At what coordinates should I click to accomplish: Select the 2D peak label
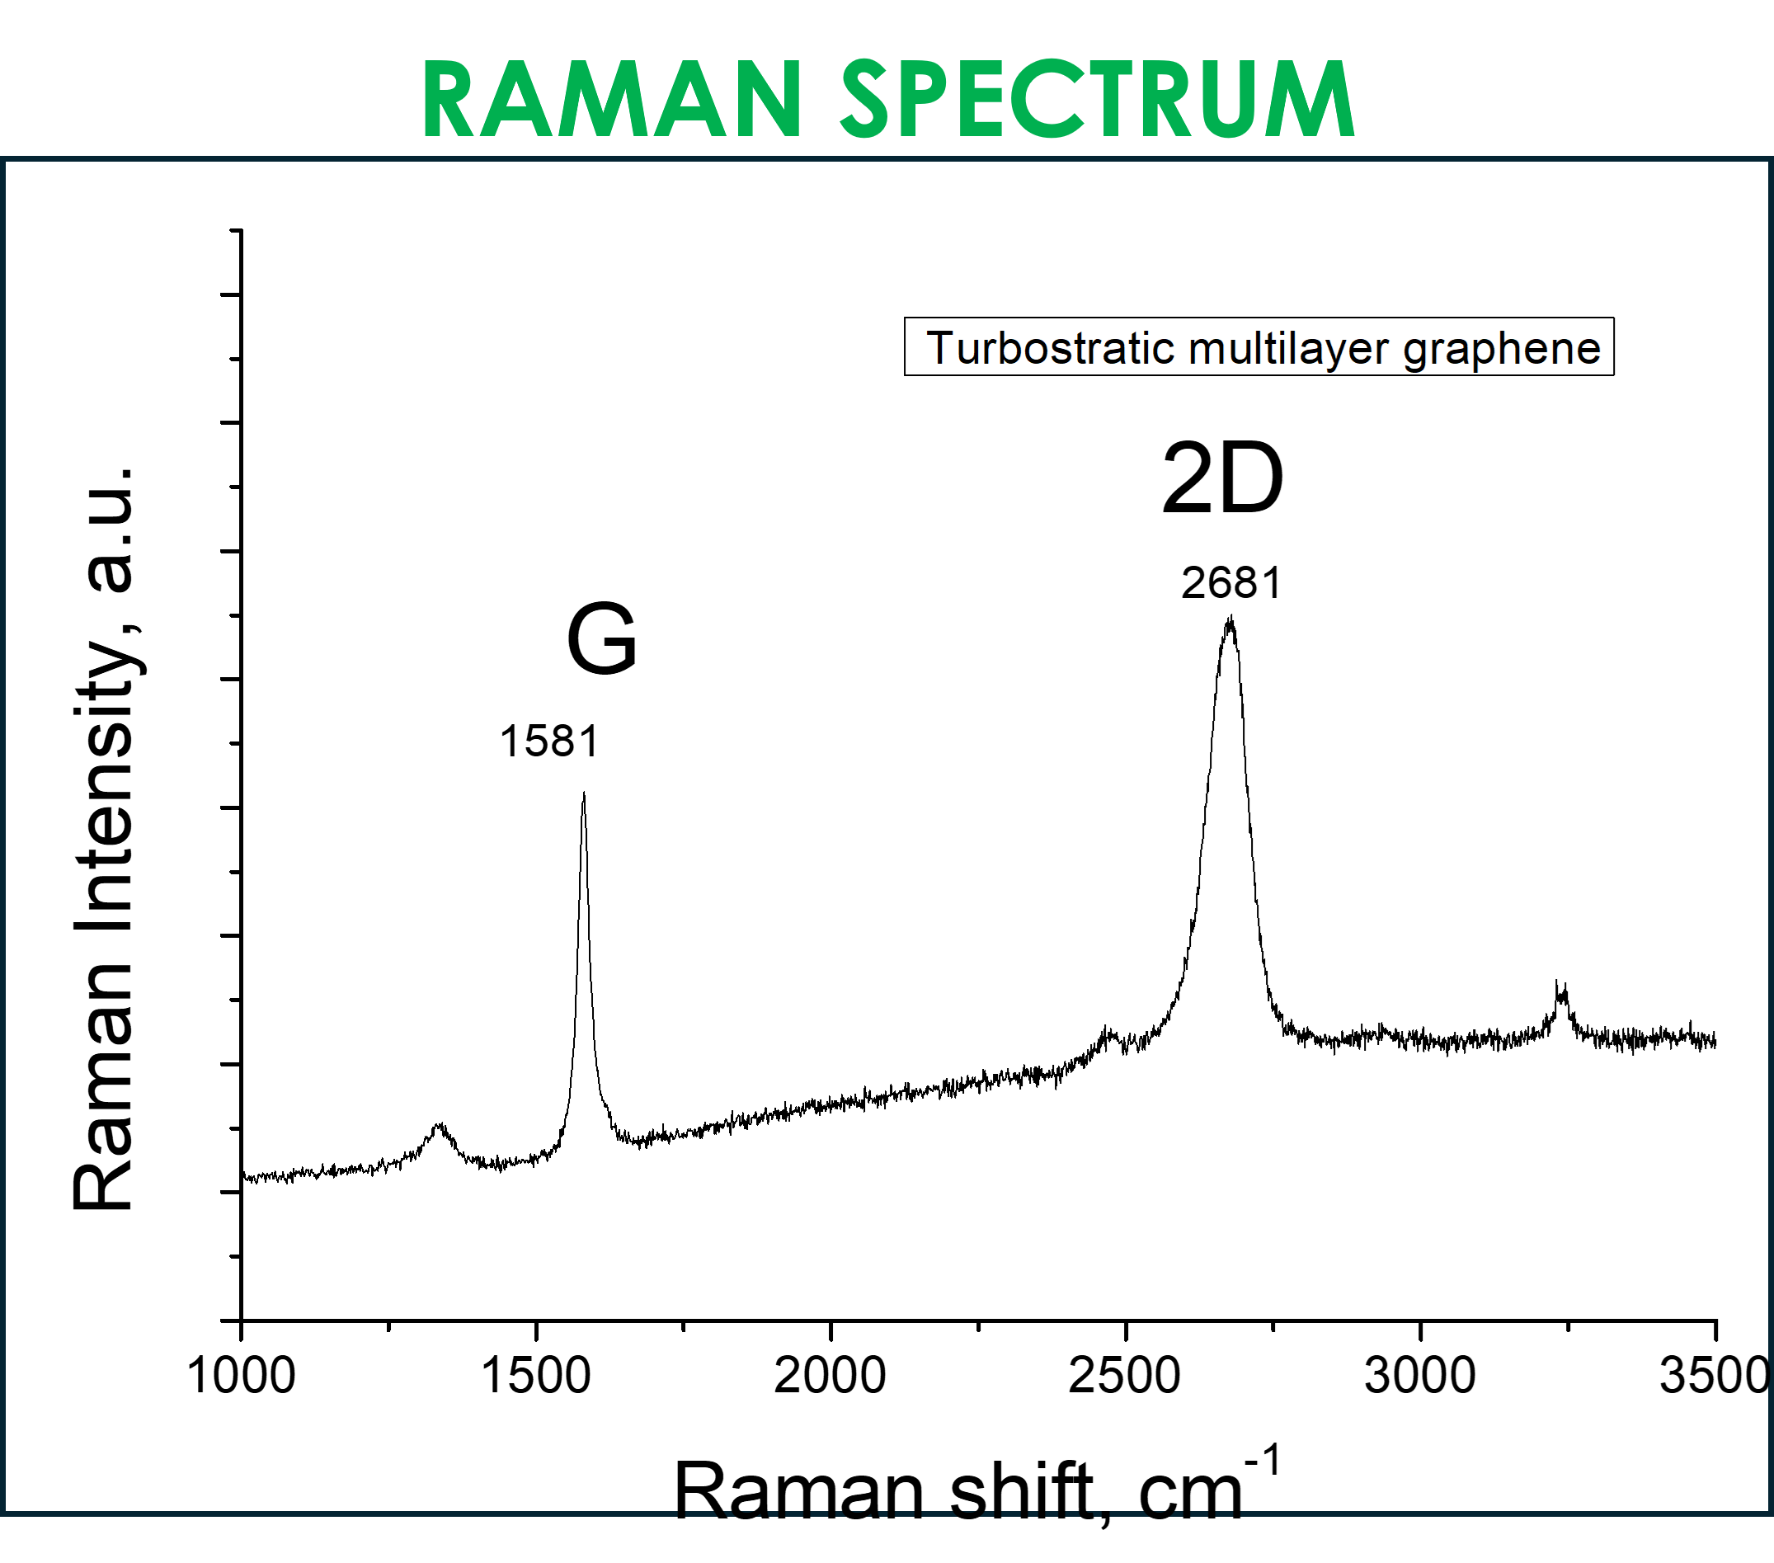(x=1222, y=479)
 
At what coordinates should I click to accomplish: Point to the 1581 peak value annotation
(x=549, y=742)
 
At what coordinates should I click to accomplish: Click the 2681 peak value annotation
(x=1231, y=583)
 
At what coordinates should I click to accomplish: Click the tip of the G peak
(x=584, y=794)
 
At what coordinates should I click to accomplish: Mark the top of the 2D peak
(x=1230, y=619)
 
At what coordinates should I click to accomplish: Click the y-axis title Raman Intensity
(x=104, y=837)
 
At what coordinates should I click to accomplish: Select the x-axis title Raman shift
(x=885, y=1490)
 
